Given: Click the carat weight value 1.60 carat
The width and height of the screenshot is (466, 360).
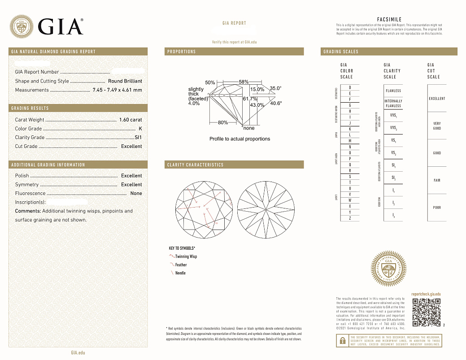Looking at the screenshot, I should click(131, 120).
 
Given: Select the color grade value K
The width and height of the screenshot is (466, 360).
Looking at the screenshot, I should click(140, 129).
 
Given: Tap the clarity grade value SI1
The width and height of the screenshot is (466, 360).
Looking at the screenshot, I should click(138, 137).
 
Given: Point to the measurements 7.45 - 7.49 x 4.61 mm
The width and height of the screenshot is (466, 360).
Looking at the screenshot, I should click(117, 90).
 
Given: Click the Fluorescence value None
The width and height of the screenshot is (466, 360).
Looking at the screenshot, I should click(136, 193).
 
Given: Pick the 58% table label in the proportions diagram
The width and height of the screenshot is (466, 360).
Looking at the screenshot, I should click(244, 82).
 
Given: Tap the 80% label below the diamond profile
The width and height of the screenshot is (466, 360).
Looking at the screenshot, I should click(222, 122).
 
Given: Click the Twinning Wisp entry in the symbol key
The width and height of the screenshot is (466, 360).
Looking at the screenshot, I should click(186, 256).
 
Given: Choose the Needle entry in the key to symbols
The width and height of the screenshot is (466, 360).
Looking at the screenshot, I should click(180, 273).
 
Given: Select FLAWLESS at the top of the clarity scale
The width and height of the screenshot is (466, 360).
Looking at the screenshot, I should click(393, 91).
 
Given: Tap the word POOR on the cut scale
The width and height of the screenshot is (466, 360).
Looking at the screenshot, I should click(437, 208).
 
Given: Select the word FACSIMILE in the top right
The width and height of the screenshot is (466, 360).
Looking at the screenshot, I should click(389, 19).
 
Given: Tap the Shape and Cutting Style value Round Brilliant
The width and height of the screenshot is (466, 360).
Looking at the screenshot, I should click(125, 81).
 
